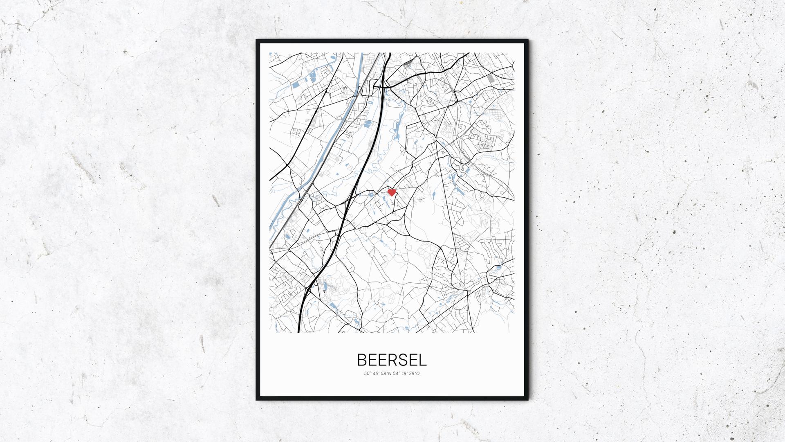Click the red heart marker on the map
click(x=392, y=192)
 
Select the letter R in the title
click(x=391, y=360)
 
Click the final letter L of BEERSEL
click(x=423, y=360)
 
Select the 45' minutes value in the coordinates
click(x=376, y=374)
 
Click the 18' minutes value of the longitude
click(x=406, y=374)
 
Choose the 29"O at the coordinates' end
click(x=415, y=374)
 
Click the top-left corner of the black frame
click(x=257, y=41)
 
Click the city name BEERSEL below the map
click(x=392, y=360)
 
